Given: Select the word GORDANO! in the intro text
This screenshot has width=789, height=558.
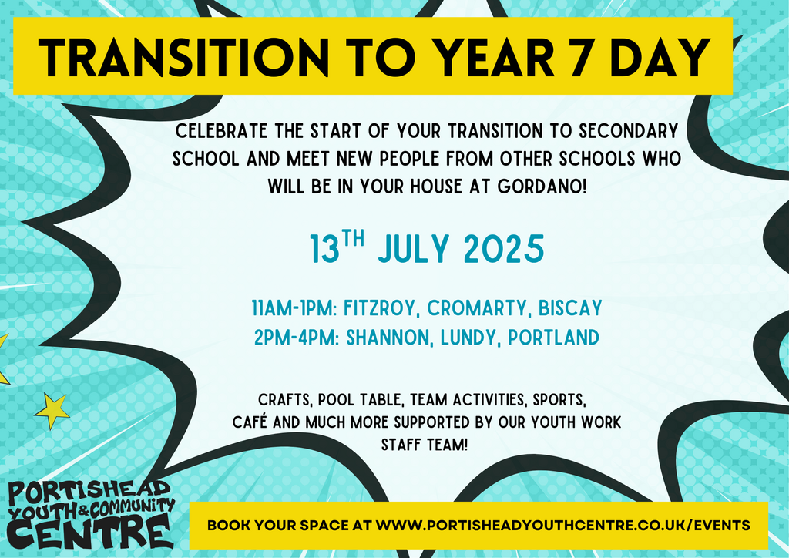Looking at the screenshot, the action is pyautogui.click(x=542, y=187).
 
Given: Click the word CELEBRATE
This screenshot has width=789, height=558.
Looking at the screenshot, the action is pyautogui.click(x=221, y=131).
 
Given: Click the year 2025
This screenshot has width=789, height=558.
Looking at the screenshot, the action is pyautogui.click(x=504, y=249).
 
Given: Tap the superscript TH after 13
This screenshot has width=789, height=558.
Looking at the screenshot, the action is pyautogui.click(x=353, y=238).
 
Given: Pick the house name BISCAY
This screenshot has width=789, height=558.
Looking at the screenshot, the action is pyautogui.click(x=570, y=308).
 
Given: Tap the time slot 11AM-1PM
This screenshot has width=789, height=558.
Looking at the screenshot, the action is pyautogui.click(x=294, y=308).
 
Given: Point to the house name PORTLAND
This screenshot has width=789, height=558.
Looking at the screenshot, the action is pyautogui.click(x=553, y=338).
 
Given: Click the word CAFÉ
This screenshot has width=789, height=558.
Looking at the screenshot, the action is pyautogui.click(x=250, y=422).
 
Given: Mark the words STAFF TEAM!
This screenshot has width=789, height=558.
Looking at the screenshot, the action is pyautogui.click(x=425, y=445).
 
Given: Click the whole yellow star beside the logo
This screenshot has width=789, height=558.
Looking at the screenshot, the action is pyautogui.click(x=52, y=410).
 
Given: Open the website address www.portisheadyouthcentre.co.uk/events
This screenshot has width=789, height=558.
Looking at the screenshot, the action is pyautogui.click(x=563, y=526).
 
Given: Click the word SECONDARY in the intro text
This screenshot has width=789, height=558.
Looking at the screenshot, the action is pyautogui.click(x=629, y=131).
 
